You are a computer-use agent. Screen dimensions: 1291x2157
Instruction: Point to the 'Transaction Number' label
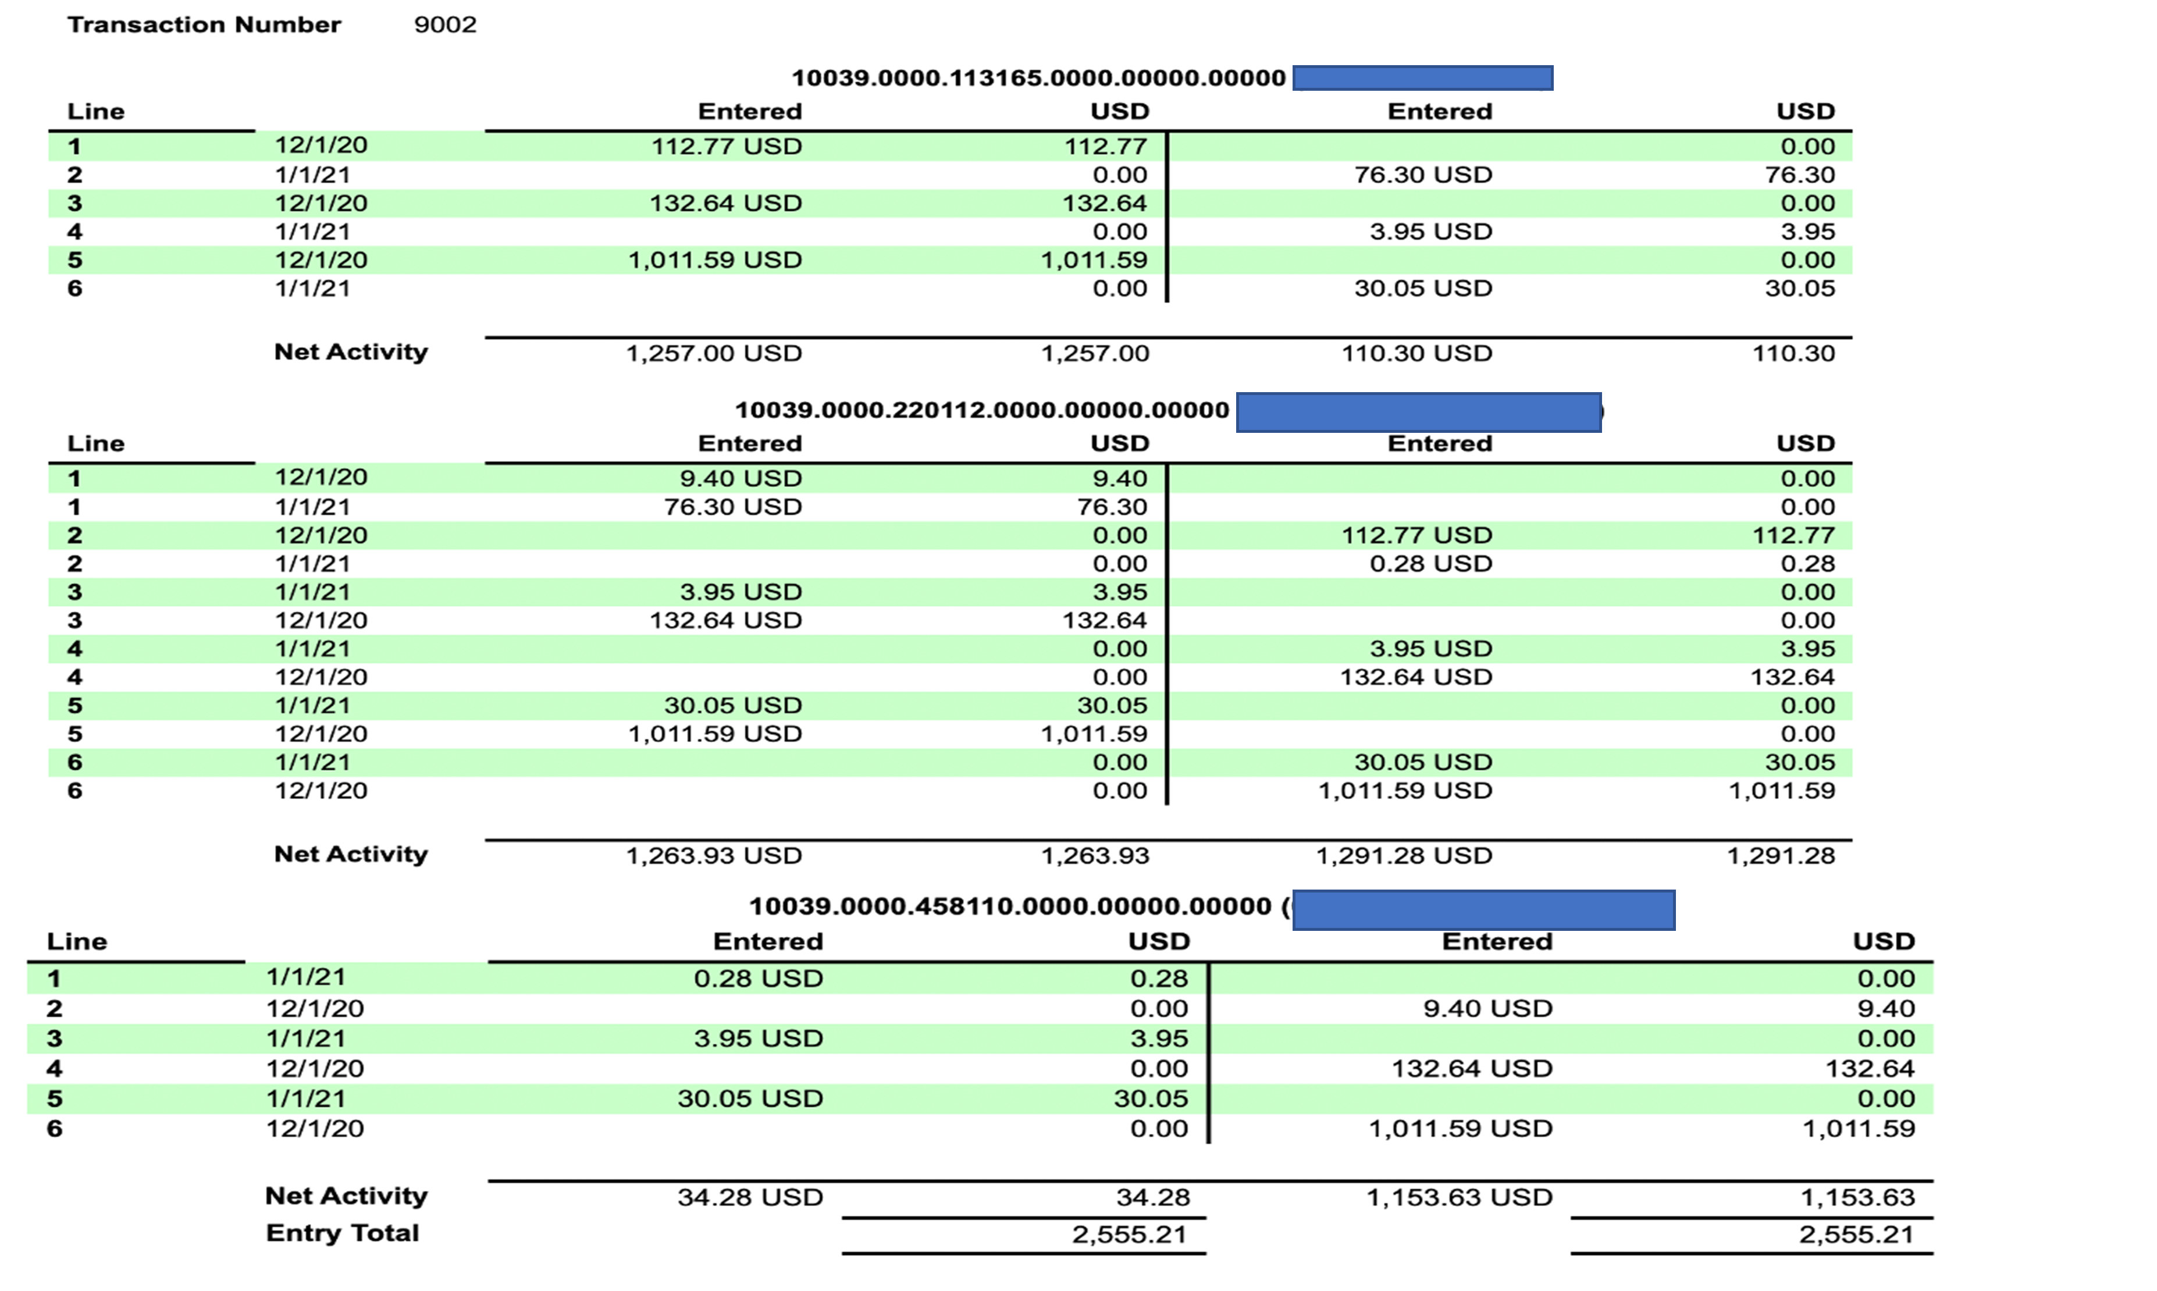click(204, 24)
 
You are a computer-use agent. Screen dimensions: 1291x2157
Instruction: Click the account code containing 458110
click(1010, 906)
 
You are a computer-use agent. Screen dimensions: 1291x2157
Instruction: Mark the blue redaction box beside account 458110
click(1483, 910)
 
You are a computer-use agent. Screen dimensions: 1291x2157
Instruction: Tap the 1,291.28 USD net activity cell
click(1404, 856)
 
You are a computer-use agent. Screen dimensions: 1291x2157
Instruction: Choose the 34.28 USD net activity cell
click(750, 1198)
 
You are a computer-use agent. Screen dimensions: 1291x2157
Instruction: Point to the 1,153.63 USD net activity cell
click(1458, 1198)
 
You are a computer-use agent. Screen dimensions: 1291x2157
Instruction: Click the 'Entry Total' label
click(342, 1233)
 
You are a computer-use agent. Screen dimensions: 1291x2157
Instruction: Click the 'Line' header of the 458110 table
click(77, 941)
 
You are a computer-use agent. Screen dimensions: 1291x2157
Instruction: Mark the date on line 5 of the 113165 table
click(321, 260)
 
